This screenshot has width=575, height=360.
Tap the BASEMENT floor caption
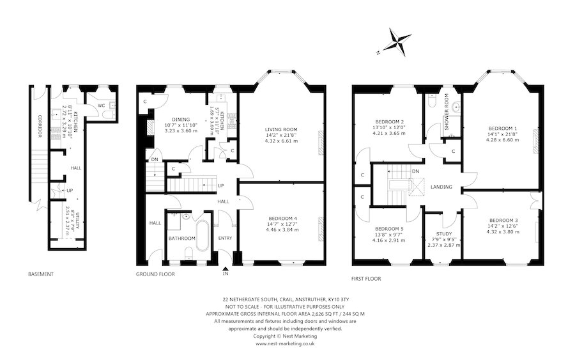click(x=40, y=274)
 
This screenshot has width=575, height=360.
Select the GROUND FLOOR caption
click(x=155, y=274)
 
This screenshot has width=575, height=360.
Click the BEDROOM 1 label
click(x=503, y=127)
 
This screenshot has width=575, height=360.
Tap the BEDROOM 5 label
click(x=389, y=229)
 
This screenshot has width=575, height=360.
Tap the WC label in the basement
click(x=102, y=106)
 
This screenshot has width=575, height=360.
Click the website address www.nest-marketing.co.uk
click(x=287, y=343)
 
